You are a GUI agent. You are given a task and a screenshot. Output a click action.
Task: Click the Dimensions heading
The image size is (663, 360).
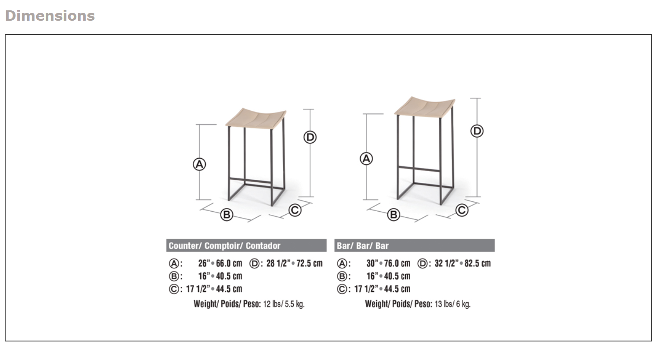click(50, 16)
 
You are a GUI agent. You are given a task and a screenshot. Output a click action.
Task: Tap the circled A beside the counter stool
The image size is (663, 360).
click(199, 164)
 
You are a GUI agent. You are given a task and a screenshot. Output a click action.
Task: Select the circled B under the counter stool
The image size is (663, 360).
click(226, 214)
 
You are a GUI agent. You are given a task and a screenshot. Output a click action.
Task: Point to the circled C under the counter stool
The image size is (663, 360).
click(295, 210)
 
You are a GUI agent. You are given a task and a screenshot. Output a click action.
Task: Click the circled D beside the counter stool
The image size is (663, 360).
click(310, 137)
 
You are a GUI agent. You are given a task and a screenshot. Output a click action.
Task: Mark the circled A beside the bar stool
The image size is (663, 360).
click(366, 159)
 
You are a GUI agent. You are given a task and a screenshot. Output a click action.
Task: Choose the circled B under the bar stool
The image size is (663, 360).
click(393, 214)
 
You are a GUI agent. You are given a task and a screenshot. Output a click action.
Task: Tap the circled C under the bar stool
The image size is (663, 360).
click(462, 210)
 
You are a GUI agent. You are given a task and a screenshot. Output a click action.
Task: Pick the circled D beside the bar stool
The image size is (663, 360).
click(477, 131)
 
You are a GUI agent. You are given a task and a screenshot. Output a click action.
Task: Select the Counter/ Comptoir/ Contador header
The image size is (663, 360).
click(225, 246)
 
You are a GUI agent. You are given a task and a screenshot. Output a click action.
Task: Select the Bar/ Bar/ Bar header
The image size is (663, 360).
click(363, 246)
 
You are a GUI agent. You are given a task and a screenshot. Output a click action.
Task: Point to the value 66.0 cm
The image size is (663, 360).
click(229, 263)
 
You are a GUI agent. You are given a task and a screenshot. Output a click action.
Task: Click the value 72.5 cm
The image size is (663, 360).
click(309, 263)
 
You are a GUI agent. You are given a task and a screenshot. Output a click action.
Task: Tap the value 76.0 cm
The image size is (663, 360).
click(397, 263)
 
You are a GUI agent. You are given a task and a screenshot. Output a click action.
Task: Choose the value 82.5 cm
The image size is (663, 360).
click(478, 263)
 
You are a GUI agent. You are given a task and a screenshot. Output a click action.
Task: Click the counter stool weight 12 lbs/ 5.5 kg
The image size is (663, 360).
click(284, 304)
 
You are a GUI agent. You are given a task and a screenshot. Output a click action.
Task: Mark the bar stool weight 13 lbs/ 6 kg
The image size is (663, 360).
click(452, 304)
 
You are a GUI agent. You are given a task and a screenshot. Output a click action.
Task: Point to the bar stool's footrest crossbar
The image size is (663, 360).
click(419, 167)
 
